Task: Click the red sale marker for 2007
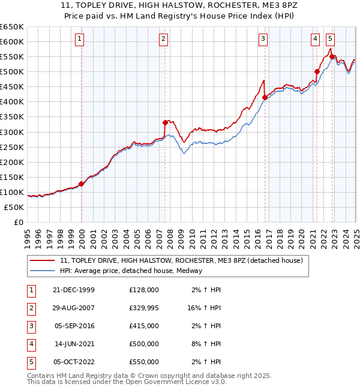point(165,122)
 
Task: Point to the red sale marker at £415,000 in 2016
point(265,97)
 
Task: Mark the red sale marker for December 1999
point(82,184)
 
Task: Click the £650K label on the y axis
point(12,27)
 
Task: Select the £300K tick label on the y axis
point(12,132)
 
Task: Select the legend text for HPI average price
point(131,271)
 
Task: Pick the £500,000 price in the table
point(144,344)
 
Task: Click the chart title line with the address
point(180,5)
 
